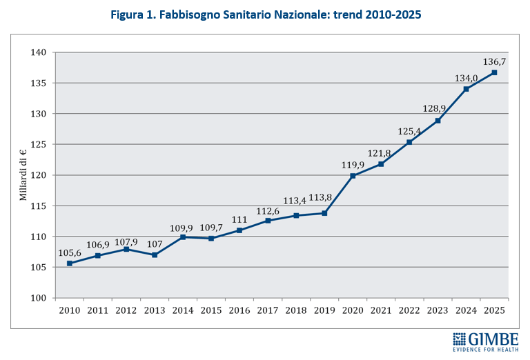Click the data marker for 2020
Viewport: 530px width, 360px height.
(353, 176)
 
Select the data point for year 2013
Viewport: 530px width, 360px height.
(155, 255)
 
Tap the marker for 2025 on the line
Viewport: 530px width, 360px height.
(494, 72)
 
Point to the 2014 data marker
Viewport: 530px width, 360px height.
(183, 237)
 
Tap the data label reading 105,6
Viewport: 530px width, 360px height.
(69, 252)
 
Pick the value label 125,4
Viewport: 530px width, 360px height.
(409, 130)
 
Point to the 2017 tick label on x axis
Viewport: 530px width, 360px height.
(268, 310)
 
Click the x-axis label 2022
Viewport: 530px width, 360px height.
(409, 310)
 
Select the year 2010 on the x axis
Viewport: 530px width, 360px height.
(70, 310)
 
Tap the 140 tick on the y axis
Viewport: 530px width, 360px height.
(39, 52)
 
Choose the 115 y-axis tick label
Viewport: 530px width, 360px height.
(39, 206)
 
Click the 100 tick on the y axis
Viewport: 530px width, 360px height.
(39, 298)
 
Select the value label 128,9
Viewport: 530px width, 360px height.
(437, 109)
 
